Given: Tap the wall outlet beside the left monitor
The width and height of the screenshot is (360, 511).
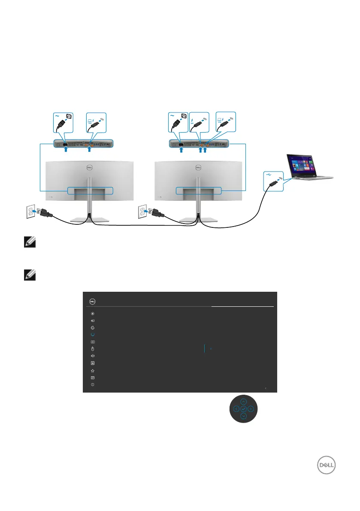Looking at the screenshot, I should click(29, 212).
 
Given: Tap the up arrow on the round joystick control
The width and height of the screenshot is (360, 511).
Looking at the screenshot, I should click(243, 402).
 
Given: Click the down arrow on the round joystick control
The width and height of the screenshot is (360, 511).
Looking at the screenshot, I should click(243, 417).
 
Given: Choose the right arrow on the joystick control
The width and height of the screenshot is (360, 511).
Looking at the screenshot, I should click(251, 409).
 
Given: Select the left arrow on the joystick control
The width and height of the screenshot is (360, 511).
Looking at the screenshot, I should click(236, 409).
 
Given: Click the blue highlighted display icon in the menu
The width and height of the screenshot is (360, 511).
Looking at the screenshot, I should click(93, 335).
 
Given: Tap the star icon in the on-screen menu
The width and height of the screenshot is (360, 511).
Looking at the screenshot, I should click(93, 370).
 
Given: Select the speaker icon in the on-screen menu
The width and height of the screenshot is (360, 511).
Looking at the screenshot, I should click(93, 356).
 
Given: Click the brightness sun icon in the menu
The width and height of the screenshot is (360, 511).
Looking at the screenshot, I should click(93, 313).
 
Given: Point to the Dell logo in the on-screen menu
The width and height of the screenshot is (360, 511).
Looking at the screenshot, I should click(91, 301).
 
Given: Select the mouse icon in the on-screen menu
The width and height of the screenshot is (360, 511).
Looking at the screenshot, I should click(93, 349).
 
